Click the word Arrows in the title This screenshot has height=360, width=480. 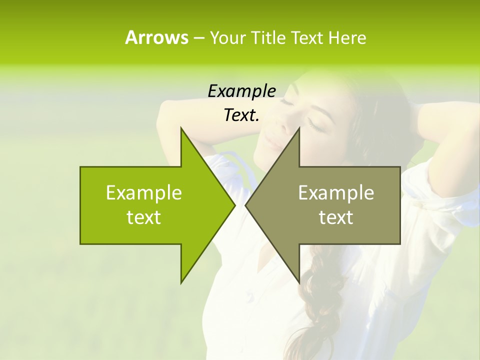tap(156, 37)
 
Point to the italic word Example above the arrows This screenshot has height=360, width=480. tap(241, 91)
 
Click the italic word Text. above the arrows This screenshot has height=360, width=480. tap(241, 115)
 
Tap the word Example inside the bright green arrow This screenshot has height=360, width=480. tap(144, 192)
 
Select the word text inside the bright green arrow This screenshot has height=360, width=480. tap(144, 217)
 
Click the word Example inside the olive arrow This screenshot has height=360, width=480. tap(336, 192)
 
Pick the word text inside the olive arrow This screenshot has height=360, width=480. tap(336, 217)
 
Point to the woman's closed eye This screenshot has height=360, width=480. tap(316, 125)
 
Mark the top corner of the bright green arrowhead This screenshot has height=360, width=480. tap(181, 128)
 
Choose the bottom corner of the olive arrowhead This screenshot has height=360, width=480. tap(299, 282)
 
